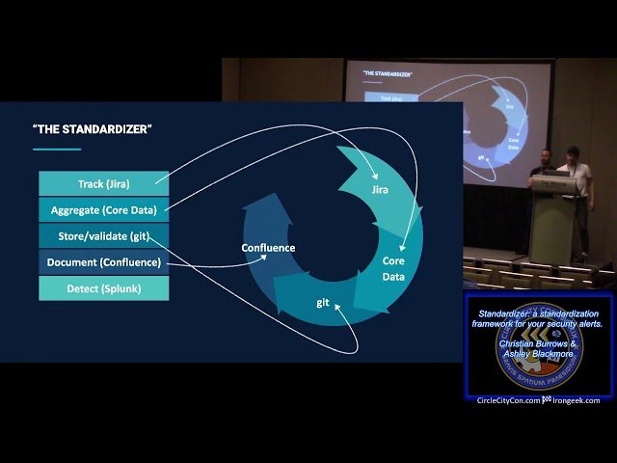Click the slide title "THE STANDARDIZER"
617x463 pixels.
93,129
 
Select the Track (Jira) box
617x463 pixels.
103,183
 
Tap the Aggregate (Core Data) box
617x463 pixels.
103,209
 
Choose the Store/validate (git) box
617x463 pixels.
103,235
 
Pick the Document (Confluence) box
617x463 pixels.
103,261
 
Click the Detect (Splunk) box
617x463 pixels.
103,287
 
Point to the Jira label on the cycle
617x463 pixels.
379,190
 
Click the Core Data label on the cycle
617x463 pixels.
393,267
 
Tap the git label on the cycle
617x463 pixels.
324,302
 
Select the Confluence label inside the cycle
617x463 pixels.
268,248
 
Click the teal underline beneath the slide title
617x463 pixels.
57,149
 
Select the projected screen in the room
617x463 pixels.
448,121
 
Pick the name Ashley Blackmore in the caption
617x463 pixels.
541,355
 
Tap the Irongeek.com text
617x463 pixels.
577,400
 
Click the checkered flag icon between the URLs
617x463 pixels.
546,400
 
